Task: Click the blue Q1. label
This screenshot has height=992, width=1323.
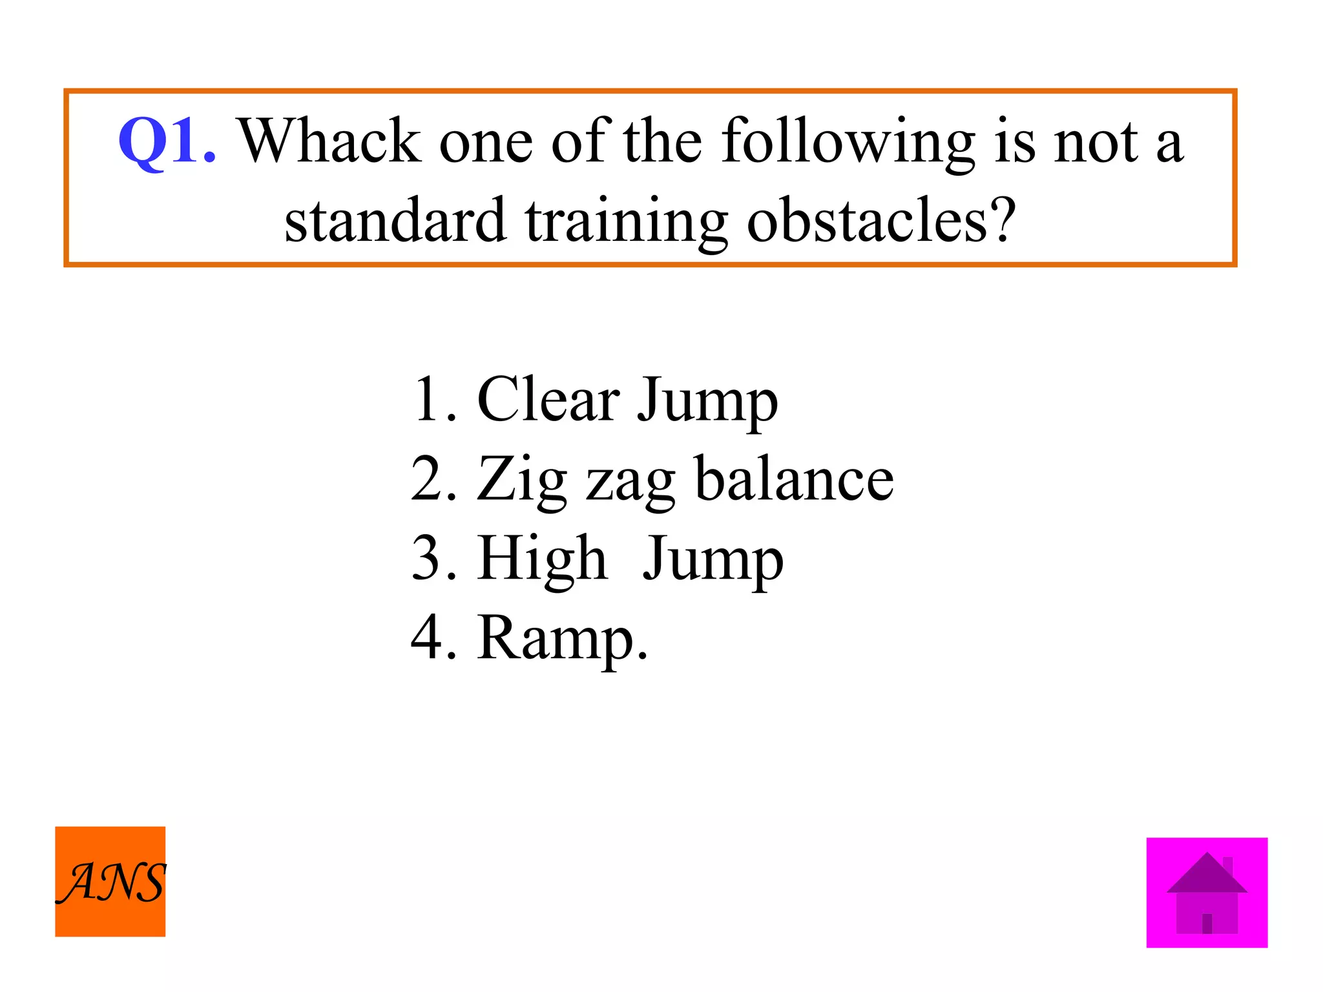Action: pos(167,141)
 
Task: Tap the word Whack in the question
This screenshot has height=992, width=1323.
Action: pos(330,141)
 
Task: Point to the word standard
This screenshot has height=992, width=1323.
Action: pos(395,221)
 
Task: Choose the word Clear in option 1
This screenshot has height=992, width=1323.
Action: pos(548,400)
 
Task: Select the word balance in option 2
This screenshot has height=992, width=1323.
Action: pos(794,479)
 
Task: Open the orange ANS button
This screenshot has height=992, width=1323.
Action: pos(110,882)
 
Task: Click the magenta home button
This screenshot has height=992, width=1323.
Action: pos(1207,893)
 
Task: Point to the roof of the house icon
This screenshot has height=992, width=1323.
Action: pos(1206,876)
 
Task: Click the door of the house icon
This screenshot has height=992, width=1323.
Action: pos(1207,923)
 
